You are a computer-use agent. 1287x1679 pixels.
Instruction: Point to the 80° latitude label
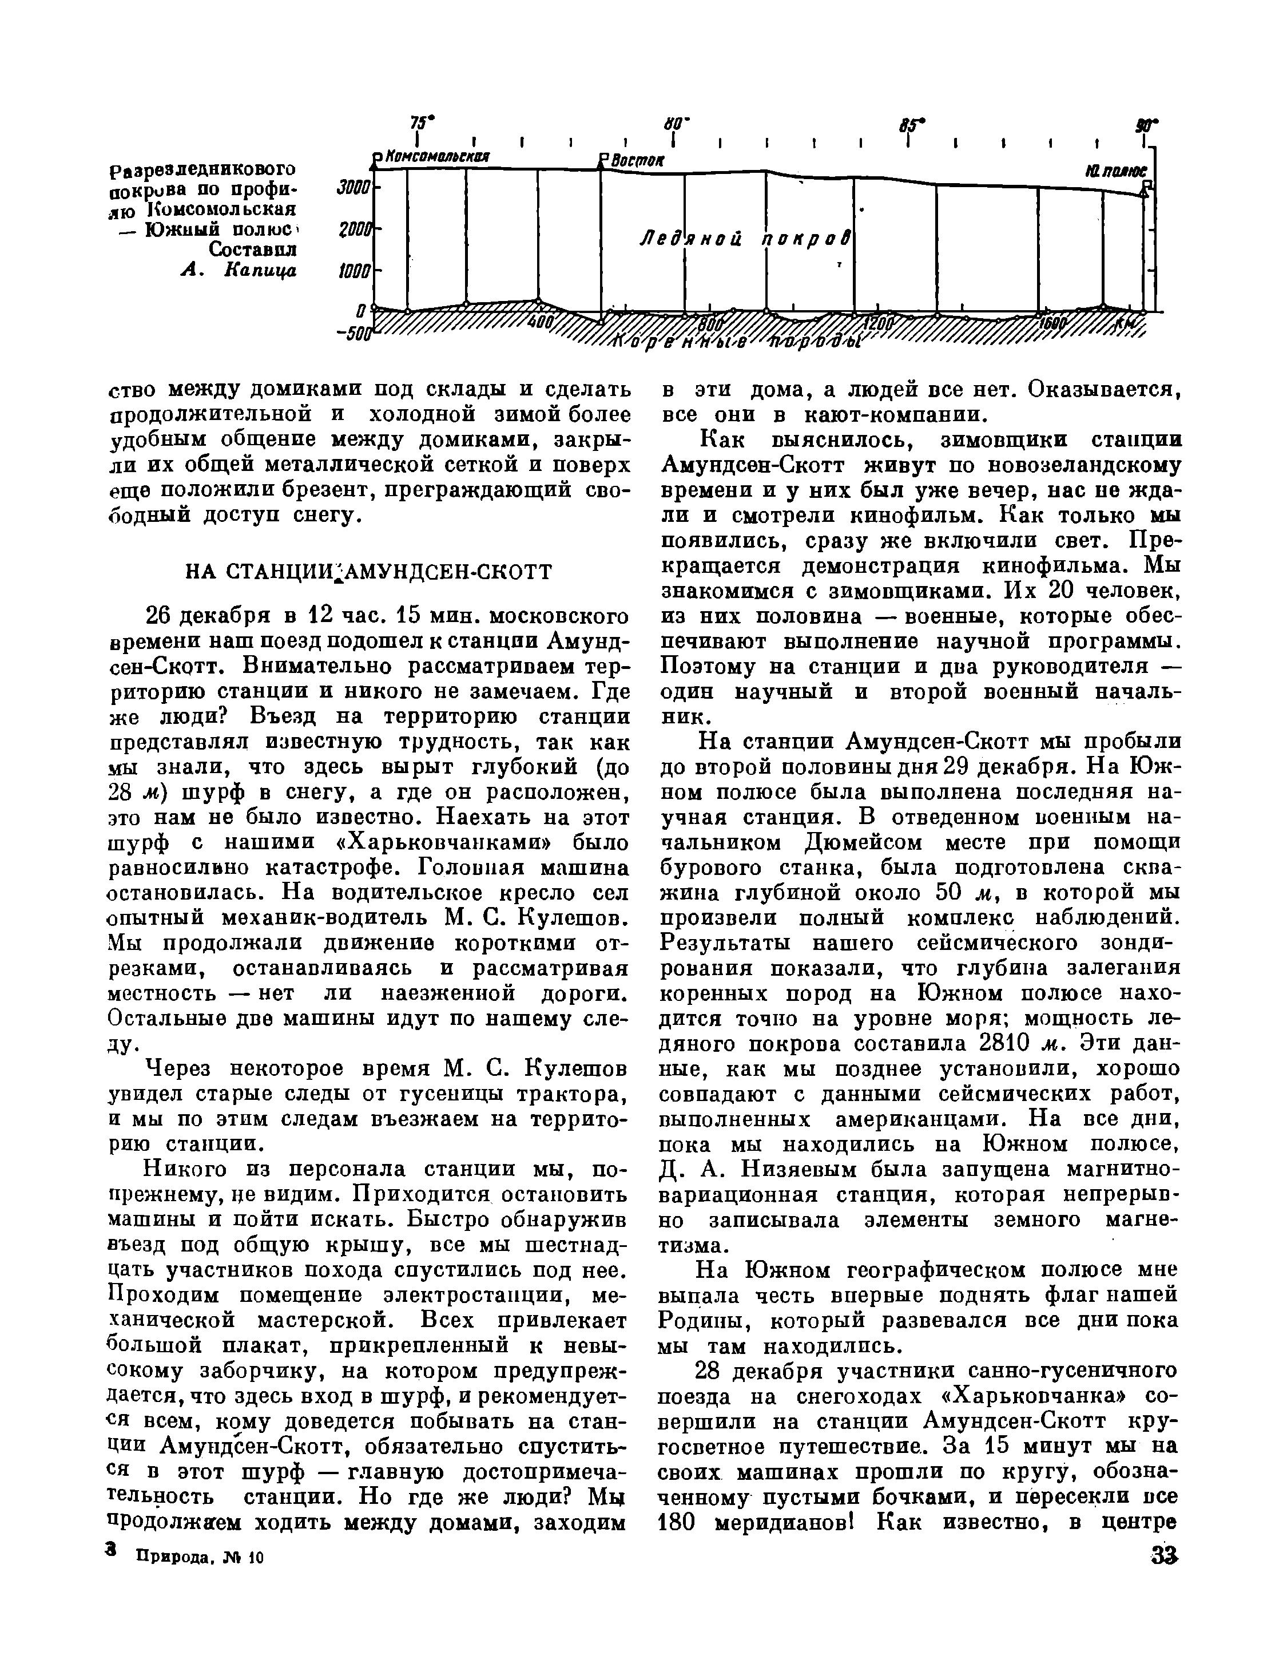(x=677, y=122)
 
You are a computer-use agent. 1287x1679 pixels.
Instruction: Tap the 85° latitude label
(x=912, y=124)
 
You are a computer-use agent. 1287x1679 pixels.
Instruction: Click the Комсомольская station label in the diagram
(x=436, y=156)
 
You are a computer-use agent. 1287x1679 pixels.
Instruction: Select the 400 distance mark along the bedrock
(x=540, y=322)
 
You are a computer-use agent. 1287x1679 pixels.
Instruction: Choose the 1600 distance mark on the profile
(x=1052, y=323)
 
